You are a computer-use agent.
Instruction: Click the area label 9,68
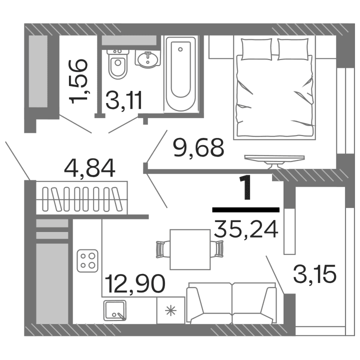pyautogui.click(x=198, y=147)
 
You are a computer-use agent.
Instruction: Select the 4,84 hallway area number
pyautogui.click(x=90, y=168)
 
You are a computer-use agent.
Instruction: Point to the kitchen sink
pyautogui.click(x=116, y=310)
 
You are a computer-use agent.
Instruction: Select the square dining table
pyautogui.click(x=189, y=249)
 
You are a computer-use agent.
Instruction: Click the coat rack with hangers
pyautogui.click(x=82, y=199)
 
